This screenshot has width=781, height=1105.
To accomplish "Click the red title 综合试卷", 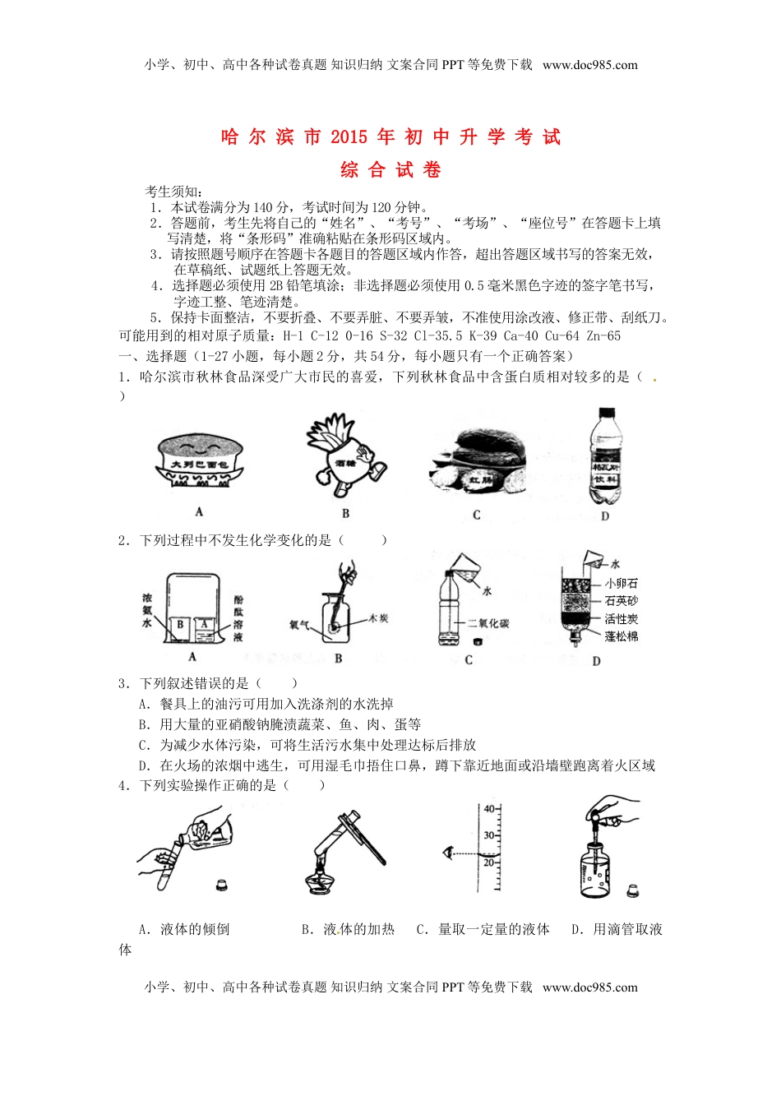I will point(391,170).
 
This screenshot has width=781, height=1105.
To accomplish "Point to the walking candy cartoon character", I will point(344,460).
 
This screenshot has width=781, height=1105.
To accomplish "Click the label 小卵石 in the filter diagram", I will point(622,583).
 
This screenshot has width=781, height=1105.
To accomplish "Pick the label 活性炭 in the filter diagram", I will point(622,619).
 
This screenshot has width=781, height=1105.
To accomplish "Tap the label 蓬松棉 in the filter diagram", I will point(622,636).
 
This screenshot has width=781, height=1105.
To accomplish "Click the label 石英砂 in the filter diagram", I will point(622,601).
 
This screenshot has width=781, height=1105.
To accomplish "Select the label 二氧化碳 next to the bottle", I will point(488,623).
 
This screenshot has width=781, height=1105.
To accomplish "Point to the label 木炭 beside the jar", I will point(377,617).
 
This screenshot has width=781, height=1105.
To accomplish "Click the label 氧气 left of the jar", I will point(299,625).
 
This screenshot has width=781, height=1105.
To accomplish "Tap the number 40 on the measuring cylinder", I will point(489,810).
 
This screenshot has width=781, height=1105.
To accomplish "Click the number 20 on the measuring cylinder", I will point(489,862).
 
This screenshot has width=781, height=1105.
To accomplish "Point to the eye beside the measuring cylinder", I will point(448,853).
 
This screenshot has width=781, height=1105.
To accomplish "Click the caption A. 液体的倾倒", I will point(184,929).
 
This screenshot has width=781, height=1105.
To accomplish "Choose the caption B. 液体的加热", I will point(348,929).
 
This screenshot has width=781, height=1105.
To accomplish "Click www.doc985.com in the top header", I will point(589,65).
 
